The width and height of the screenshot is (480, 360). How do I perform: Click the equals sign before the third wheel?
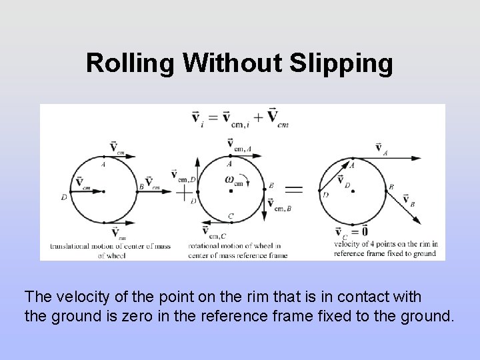tap(293, 191)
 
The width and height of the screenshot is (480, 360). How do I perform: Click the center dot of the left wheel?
tap(104, 191)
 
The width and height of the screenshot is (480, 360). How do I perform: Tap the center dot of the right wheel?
tap(353, 191)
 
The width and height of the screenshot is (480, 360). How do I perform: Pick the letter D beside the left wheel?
tap(63, 197)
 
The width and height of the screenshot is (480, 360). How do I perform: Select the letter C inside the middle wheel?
tap(230, 215)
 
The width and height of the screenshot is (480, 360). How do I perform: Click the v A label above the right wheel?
tap(381, 148)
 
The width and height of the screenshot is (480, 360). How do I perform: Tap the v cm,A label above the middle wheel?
tap(238, 143)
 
